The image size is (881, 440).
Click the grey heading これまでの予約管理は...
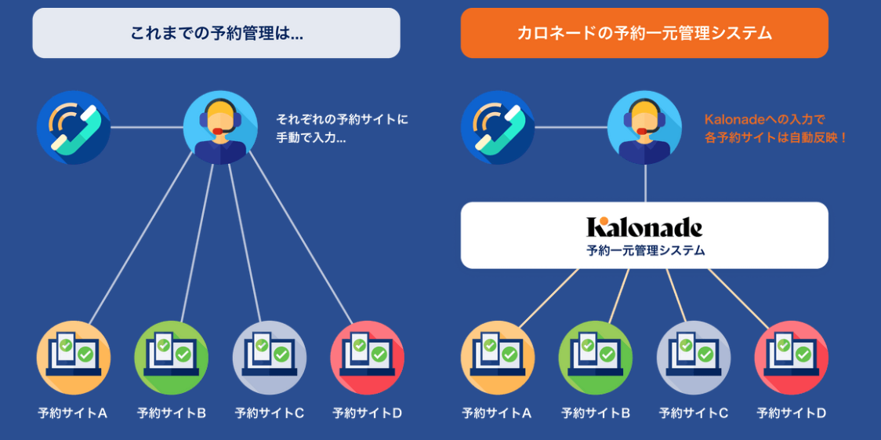216,33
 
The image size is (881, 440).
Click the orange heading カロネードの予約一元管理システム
644,33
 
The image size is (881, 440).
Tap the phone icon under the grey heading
74,128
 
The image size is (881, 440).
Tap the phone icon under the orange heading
498,128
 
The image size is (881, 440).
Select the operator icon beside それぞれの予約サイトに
220,127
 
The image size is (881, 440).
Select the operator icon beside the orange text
644,127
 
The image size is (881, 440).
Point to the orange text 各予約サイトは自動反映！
776,137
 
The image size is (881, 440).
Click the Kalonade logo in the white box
644,227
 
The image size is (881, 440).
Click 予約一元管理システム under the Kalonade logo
644,251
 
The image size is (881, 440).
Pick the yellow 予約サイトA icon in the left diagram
74,358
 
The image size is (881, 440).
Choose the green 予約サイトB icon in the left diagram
172,358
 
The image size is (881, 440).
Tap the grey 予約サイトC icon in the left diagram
270,358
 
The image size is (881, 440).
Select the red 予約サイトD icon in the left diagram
368,358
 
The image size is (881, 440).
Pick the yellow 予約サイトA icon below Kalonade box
498,358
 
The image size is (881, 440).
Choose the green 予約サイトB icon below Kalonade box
596,358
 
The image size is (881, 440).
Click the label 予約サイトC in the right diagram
694,413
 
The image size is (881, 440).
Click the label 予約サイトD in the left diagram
368,413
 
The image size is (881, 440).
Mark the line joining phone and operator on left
147,127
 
